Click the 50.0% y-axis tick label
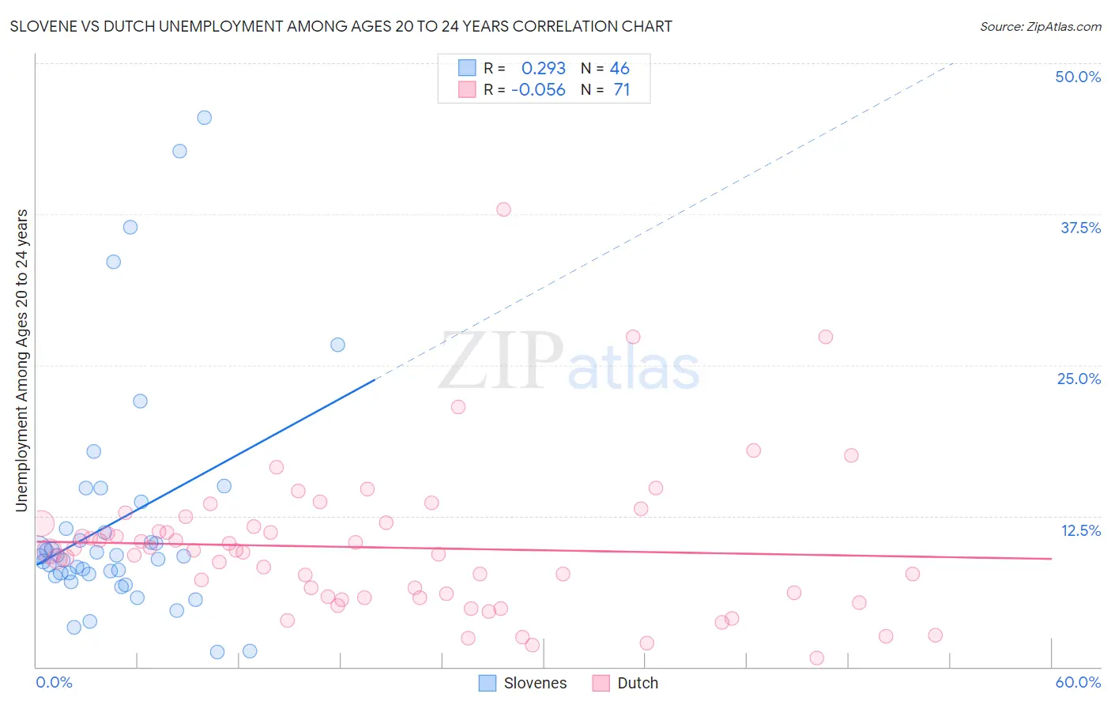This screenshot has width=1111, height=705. coord(1078,77)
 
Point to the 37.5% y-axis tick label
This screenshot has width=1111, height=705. coord(1080,228)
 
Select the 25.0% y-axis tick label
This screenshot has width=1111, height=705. coord(1079,379)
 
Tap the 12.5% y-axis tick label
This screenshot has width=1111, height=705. coord(1080,530)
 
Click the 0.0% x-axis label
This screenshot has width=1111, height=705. coord(54,682)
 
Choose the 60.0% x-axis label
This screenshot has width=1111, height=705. coord(1078,682)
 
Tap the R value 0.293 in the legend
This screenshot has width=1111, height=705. coord(543,69)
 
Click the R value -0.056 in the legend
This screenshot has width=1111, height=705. coord(538,90)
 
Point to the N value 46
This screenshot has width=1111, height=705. coord(620,69)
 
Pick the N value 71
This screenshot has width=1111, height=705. coord(622,90)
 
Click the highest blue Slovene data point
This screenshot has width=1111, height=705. coord(204,118)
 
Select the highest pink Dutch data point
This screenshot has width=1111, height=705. coord(503,209)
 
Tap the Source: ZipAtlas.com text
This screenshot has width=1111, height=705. coord(1040,27)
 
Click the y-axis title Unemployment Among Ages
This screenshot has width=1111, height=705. coord(21,360)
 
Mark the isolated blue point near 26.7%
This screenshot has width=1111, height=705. coord(337,345)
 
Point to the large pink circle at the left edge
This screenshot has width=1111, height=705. coord(41,523)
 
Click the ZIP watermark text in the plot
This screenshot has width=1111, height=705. coord(500,362)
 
